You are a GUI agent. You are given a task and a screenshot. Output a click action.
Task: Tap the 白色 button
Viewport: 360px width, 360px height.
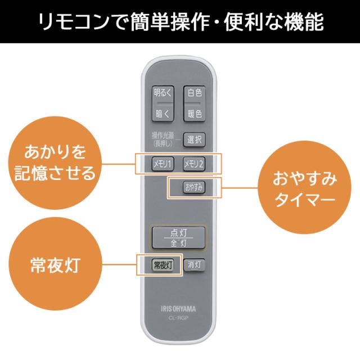point(194,92)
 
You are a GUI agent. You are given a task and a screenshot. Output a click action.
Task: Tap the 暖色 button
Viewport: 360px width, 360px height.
point(194,114)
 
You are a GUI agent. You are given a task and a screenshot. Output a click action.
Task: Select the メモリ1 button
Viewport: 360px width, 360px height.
point(164,163)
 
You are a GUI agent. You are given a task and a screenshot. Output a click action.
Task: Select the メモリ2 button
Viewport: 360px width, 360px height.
point(194,163)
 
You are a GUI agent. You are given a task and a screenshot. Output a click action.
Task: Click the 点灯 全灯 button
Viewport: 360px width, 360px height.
point(178,238)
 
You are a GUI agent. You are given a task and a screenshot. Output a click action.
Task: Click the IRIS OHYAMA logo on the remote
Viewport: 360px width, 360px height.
point(178,308)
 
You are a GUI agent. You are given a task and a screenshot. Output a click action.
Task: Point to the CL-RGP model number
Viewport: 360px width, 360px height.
point(178,318)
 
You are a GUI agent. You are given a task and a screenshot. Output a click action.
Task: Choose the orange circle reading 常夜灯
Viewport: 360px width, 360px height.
point(55,264)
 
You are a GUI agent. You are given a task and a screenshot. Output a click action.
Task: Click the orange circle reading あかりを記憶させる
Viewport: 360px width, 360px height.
point(55,161)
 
